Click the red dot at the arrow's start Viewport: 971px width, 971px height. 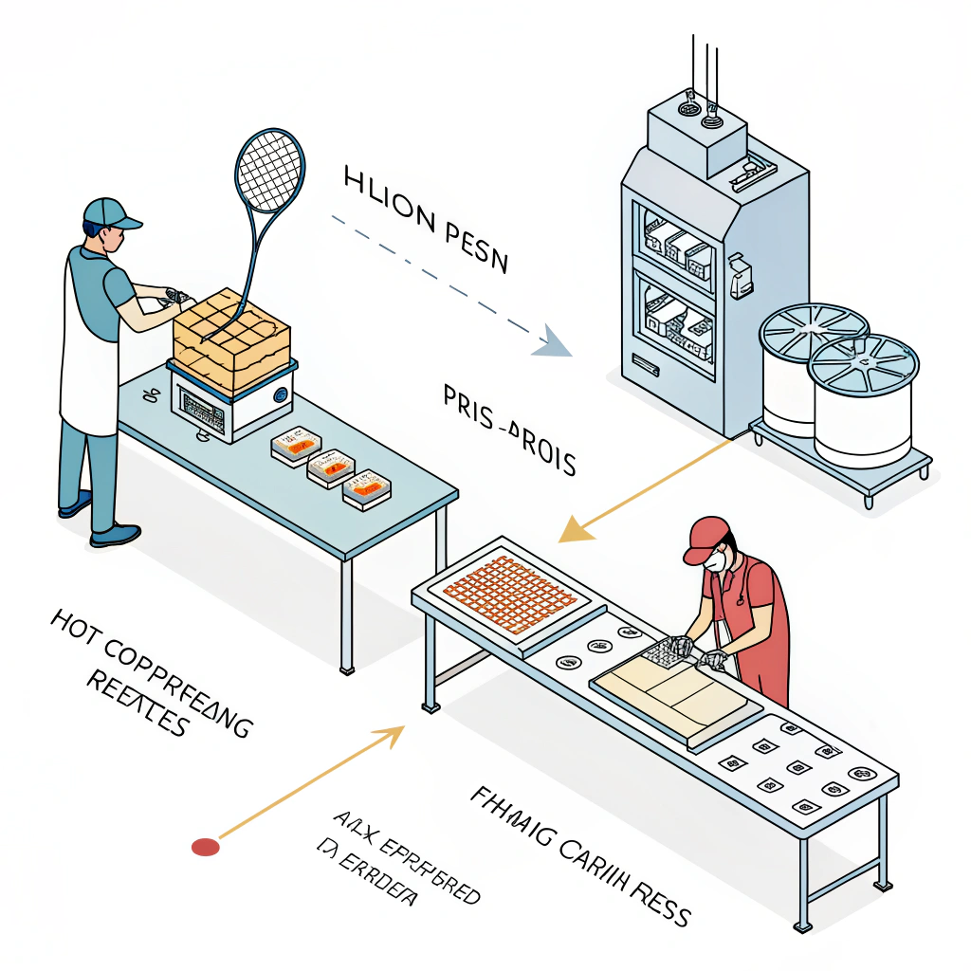[x=205, y=847]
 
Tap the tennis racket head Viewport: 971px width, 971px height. [x=270, y=172]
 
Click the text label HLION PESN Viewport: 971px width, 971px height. [x=426, y=218]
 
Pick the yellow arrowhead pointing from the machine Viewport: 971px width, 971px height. [x=573, y=527]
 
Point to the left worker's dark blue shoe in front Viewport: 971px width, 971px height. [x=115, y=536]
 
